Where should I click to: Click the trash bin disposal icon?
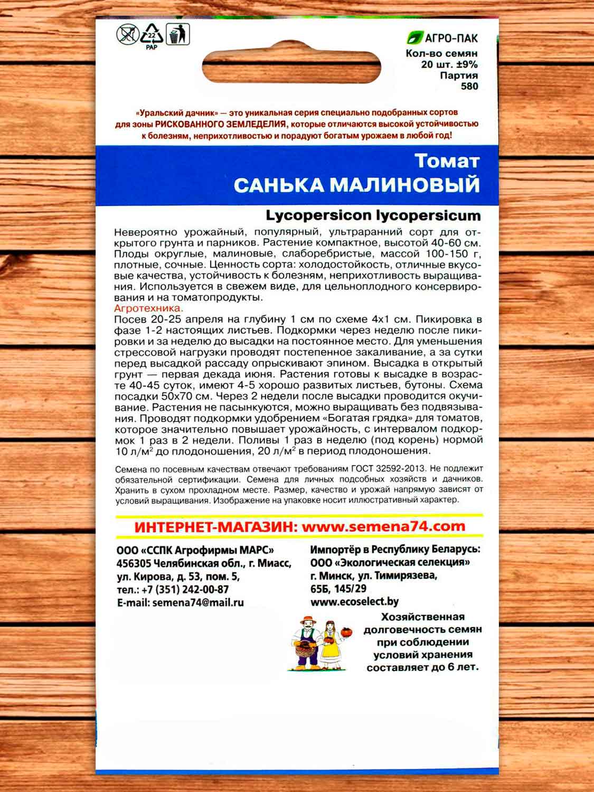(178, 35)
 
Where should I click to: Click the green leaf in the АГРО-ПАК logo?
(415, 38)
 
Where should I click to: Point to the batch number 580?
(469, 86)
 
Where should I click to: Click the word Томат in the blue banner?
(447, 161)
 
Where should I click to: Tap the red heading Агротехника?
(148, 308)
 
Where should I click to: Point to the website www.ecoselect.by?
(355, 601)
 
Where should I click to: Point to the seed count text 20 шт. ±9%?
(449, 65)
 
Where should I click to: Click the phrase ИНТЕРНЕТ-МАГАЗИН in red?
(209, 527)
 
